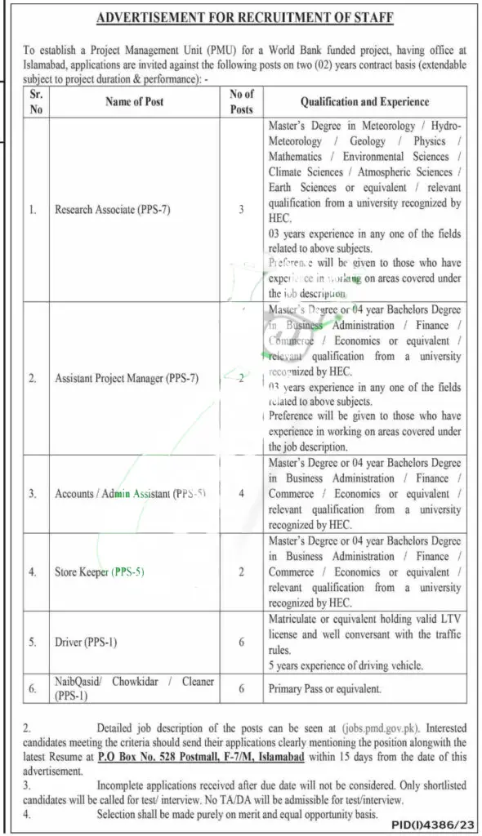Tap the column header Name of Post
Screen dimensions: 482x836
tap(134, 102)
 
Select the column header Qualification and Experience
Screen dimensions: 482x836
tap(364, 102)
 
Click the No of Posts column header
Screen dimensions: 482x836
tap(242, 102)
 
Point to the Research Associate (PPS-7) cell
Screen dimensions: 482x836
tap(112, 210)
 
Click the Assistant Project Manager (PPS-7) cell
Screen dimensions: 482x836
tap(124, 378)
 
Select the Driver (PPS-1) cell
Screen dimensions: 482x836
tap(86, 642)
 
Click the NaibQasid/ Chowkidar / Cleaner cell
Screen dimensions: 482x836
tap(123, 689)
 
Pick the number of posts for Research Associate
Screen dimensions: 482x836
tap(242, 210)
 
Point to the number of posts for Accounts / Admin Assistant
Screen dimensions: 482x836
tap(242, 494)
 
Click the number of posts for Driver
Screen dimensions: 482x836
tap(242, 642)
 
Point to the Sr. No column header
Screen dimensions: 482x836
tap(35, 102)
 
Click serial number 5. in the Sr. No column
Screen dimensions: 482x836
tap(33, 642)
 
